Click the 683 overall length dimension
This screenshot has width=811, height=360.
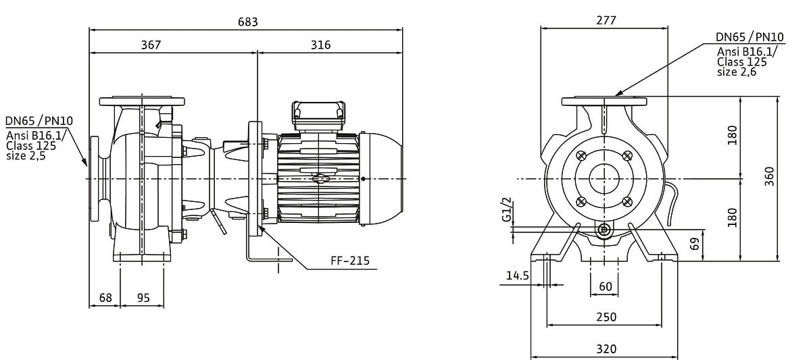[x=247, y=22]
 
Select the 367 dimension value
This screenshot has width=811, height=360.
[x=151, y=45]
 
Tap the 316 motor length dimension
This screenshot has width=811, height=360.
[x=320, y=45]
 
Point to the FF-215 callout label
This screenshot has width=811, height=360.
[x=350, y=261]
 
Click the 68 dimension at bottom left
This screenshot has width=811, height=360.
[x=105, y=298]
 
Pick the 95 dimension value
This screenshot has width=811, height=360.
[x=143, y=298]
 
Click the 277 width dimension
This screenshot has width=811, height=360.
[x=606, y=20]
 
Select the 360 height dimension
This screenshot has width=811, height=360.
[x=770, y=176]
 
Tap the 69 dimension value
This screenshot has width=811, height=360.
[x=695, y=244]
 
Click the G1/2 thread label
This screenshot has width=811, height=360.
[x=507, y=209]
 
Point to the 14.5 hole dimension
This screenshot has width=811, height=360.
[x=518, y=276]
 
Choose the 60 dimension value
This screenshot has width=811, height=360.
[x=606, y=286]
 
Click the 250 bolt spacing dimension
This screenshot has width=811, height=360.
[x=606, y=317]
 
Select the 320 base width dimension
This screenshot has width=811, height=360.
[x=606, y=349]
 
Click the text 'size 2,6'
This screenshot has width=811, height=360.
[x=737, y=72]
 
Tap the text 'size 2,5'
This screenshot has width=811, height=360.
[x=26, y=155]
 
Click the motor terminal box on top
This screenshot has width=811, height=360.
[x=318, y=115]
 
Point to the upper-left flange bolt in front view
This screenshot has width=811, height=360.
[x=581, y=156]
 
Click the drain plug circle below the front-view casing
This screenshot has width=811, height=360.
[x=604, y=230]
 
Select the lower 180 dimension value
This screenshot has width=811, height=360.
[x=732, y=217]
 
